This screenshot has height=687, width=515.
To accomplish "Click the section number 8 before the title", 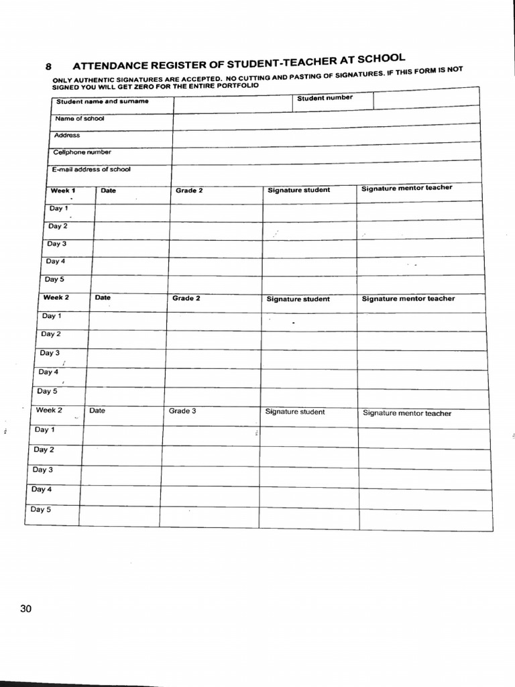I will click(x=48, y=67).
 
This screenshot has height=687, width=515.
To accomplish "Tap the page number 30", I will click(x=26, y=609).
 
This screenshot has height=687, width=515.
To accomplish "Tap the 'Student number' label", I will click(x=325, y=99).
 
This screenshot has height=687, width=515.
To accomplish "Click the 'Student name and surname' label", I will click(x=102, y=102).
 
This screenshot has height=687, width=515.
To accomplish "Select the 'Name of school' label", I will click(x=79, y=119).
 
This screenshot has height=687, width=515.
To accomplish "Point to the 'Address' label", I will click(x=67, y=136).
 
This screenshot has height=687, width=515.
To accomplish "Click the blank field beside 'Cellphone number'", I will click(x=326, y=151).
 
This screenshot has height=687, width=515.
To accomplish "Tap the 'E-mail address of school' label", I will click(x=91, y=170).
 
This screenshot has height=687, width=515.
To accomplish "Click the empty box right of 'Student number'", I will click(x=426, y=99).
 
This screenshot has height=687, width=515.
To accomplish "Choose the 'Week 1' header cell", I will click(x=63, y=191).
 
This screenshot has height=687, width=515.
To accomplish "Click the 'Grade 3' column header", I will click(x=182, y=411).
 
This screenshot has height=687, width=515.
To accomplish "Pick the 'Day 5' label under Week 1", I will click(x=55, y=279).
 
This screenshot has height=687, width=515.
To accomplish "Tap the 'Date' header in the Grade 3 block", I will click(x=97, y=411).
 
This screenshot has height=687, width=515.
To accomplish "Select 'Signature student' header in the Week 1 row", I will click(x=298, y=190).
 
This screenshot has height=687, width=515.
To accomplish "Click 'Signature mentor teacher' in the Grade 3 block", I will click(x=407, y=413).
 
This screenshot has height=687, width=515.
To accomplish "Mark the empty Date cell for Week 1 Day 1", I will click(x=131, y=211).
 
